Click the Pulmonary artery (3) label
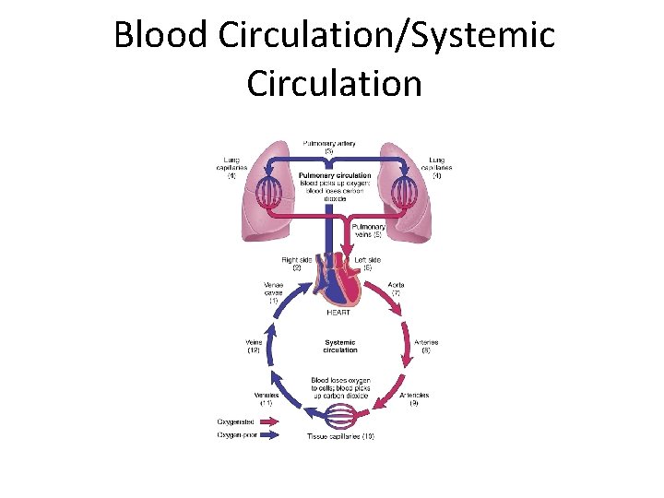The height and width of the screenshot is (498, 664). coord(329,147)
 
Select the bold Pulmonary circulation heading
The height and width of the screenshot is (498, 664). coord(336,175)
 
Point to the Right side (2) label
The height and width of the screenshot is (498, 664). coord(298,264)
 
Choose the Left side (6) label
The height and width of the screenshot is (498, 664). coord(367,264)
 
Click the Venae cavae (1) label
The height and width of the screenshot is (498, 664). coord(274,292)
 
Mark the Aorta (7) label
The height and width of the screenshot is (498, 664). coord(397,290)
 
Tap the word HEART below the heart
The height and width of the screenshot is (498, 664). coord(338,313)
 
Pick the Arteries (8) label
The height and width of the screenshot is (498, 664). coord(425,346)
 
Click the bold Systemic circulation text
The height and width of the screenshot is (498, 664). coord(340,346)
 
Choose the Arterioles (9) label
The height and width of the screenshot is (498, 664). coord(414,399)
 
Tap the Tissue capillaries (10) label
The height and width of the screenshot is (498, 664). coord(340,435)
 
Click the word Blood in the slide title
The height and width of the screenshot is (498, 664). coord(162,37)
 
